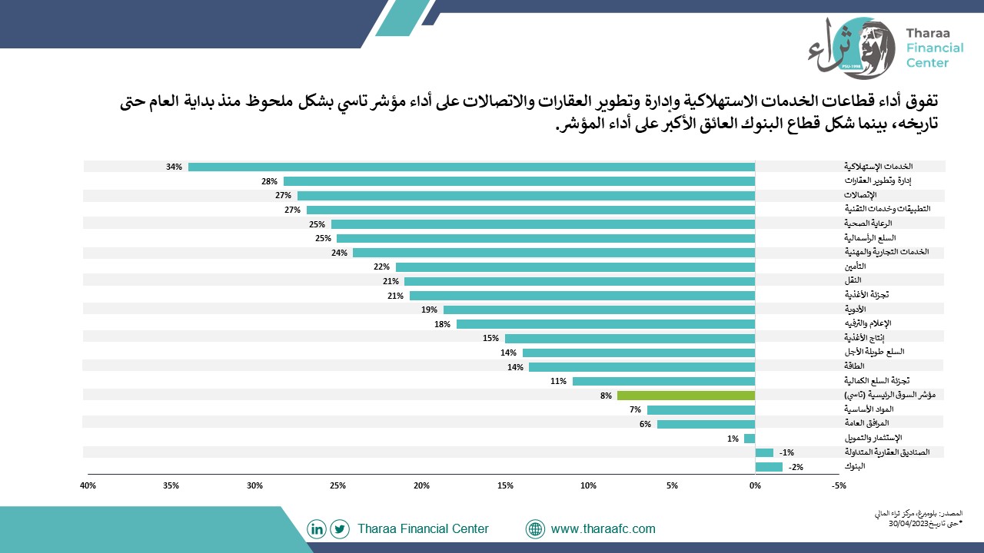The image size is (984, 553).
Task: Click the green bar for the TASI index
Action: tap(686, 396)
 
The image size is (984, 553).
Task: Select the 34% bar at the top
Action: tap(472, 167)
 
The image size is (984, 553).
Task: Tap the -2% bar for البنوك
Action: tap(769, 467)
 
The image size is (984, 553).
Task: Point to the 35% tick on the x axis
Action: tap(171, 486)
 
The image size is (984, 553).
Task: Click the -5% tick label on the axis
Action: tap(839, 486)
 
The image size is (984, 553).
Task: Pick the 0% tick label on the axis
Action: tap(755, 486)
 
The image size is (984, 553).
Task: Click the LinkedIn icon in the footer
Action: tap(316, 529)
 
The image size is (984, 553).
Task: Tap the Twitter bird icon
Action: tap(340, 529)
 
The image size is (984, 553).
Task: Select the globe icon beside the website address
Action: tap(535, 529)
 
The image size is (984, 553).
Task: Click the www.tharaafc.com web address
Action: tap(603, 529)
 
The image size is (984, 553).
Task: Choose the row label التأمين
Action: tap(855, 267)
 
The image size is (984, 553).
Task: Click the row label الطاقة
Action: tap(854, 366)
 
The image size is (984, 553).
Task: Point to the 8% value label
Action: tap(606, 396)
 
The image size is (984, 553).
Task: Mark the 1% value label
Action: tap(733, 439)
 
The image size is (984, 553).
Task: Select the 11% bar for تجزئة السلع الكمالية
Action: tap(663, 382)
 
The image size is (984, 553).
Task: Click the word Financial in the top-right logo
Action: tap(935, 48)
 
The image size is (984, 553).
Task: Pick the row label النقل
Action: tap(853, 280)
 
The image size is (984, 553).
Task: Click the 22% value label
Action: tap(381, 267)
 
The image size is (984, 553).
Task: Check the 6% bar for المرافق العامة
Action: tap(706, 425)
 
